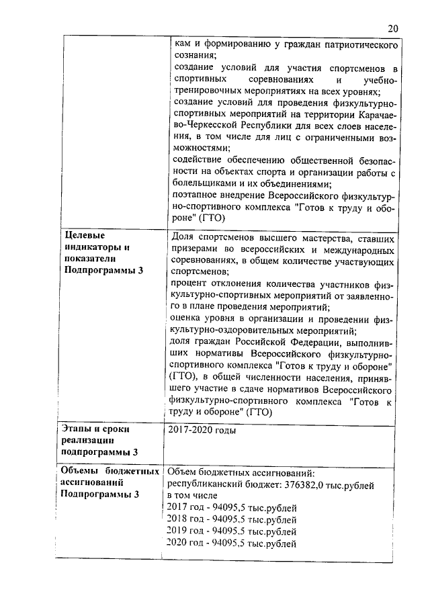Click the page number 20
point(393,28)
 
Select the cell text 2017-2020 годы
point(202,429)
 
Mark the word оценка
point(187,319)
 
